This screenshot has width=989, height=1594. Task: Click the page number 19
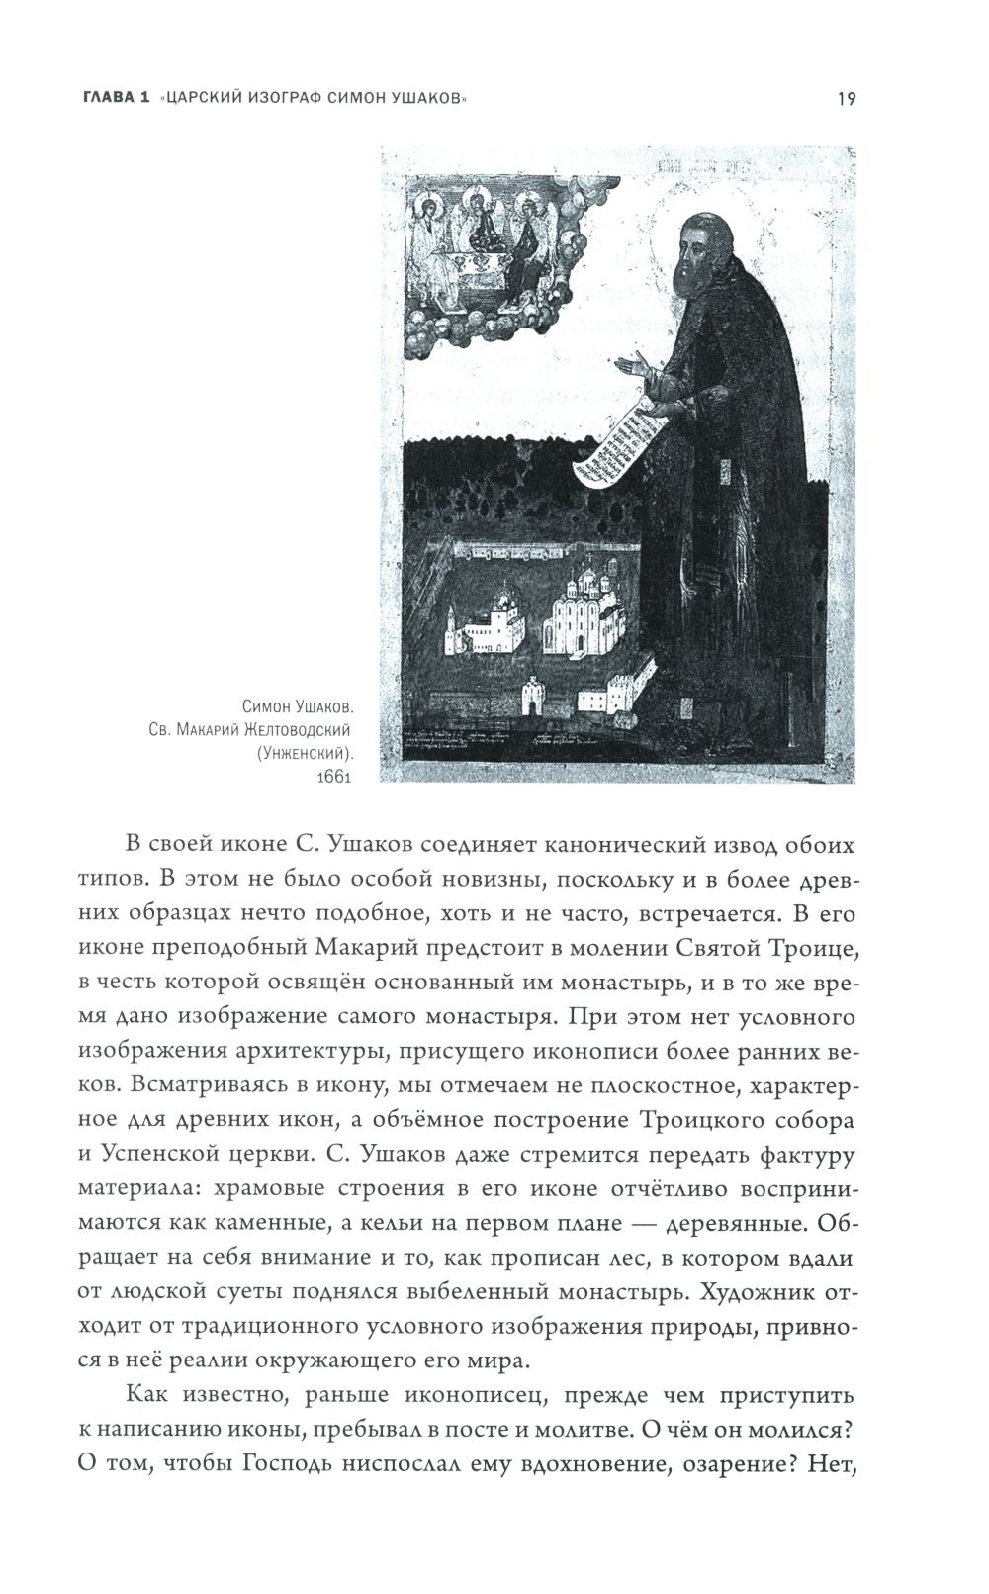point(845,97)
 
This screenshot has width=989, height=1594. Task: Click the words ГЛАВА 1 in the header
point(114,98)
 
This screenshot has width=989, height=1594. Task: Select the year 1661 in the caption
point(334,777)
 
